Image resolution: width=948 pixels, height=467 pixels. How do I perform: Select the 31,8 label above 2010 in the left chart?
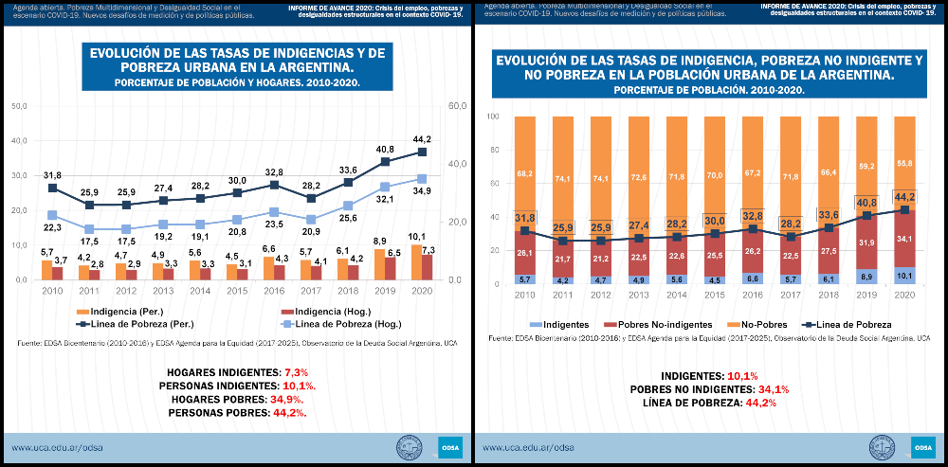tap(52, 175)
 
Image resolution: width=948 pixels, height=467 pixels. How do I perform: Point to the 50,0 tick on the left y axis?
tap(19, 105)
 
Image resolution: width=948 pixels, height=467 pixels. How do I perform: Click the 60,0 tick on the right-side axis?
tap(457, 105)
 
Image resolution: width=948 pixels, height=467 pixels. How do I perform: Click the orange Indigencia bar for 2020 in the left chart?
tap(417, 261)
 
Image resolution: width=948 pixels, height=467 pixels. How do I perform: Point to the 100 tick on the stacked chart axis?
tap(492, 117)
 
